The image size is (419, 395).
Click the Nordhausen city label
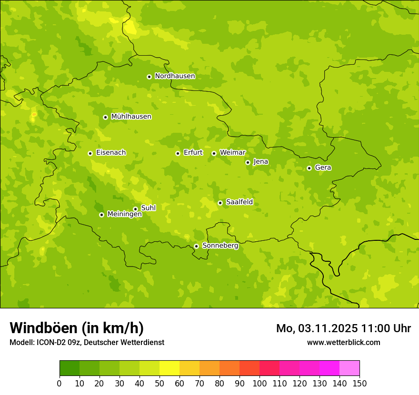point(175,76)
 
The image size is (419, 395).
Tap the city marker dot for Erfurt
point(178,153)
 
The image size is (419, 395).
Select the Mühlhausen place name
point(131,117)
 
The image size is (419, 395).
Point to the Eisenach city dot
point(90,153)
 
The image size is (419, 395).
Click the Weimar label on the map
point(232,153)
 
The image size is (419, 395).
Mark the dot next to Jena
point(248,162)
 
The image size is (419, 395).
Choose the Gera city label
point(323,168)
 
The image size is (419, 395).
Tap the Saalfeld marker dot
point(220,203)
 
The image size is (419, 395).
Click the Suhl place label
point(148,208)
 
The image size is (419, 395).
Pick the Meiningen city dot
point(101,215)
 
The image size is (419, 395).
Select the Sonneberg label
point(220,246)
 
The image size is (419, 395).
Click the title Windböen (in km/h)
point(77,328)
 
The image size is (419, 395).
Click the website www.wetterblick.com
point(343,342)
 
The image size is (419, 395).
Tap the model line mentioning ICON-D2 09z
point(87,342)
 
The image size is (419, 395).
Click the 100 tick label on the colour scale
point(259,383)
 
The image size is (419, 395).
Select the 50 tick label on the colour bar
point(160,383)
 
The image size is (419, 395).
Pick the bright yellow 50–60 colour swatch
point(170,368)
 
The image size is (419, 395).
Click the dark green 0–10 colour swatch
point(70,368)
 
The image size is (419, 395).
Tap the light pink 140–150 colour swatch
point(349,368)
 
